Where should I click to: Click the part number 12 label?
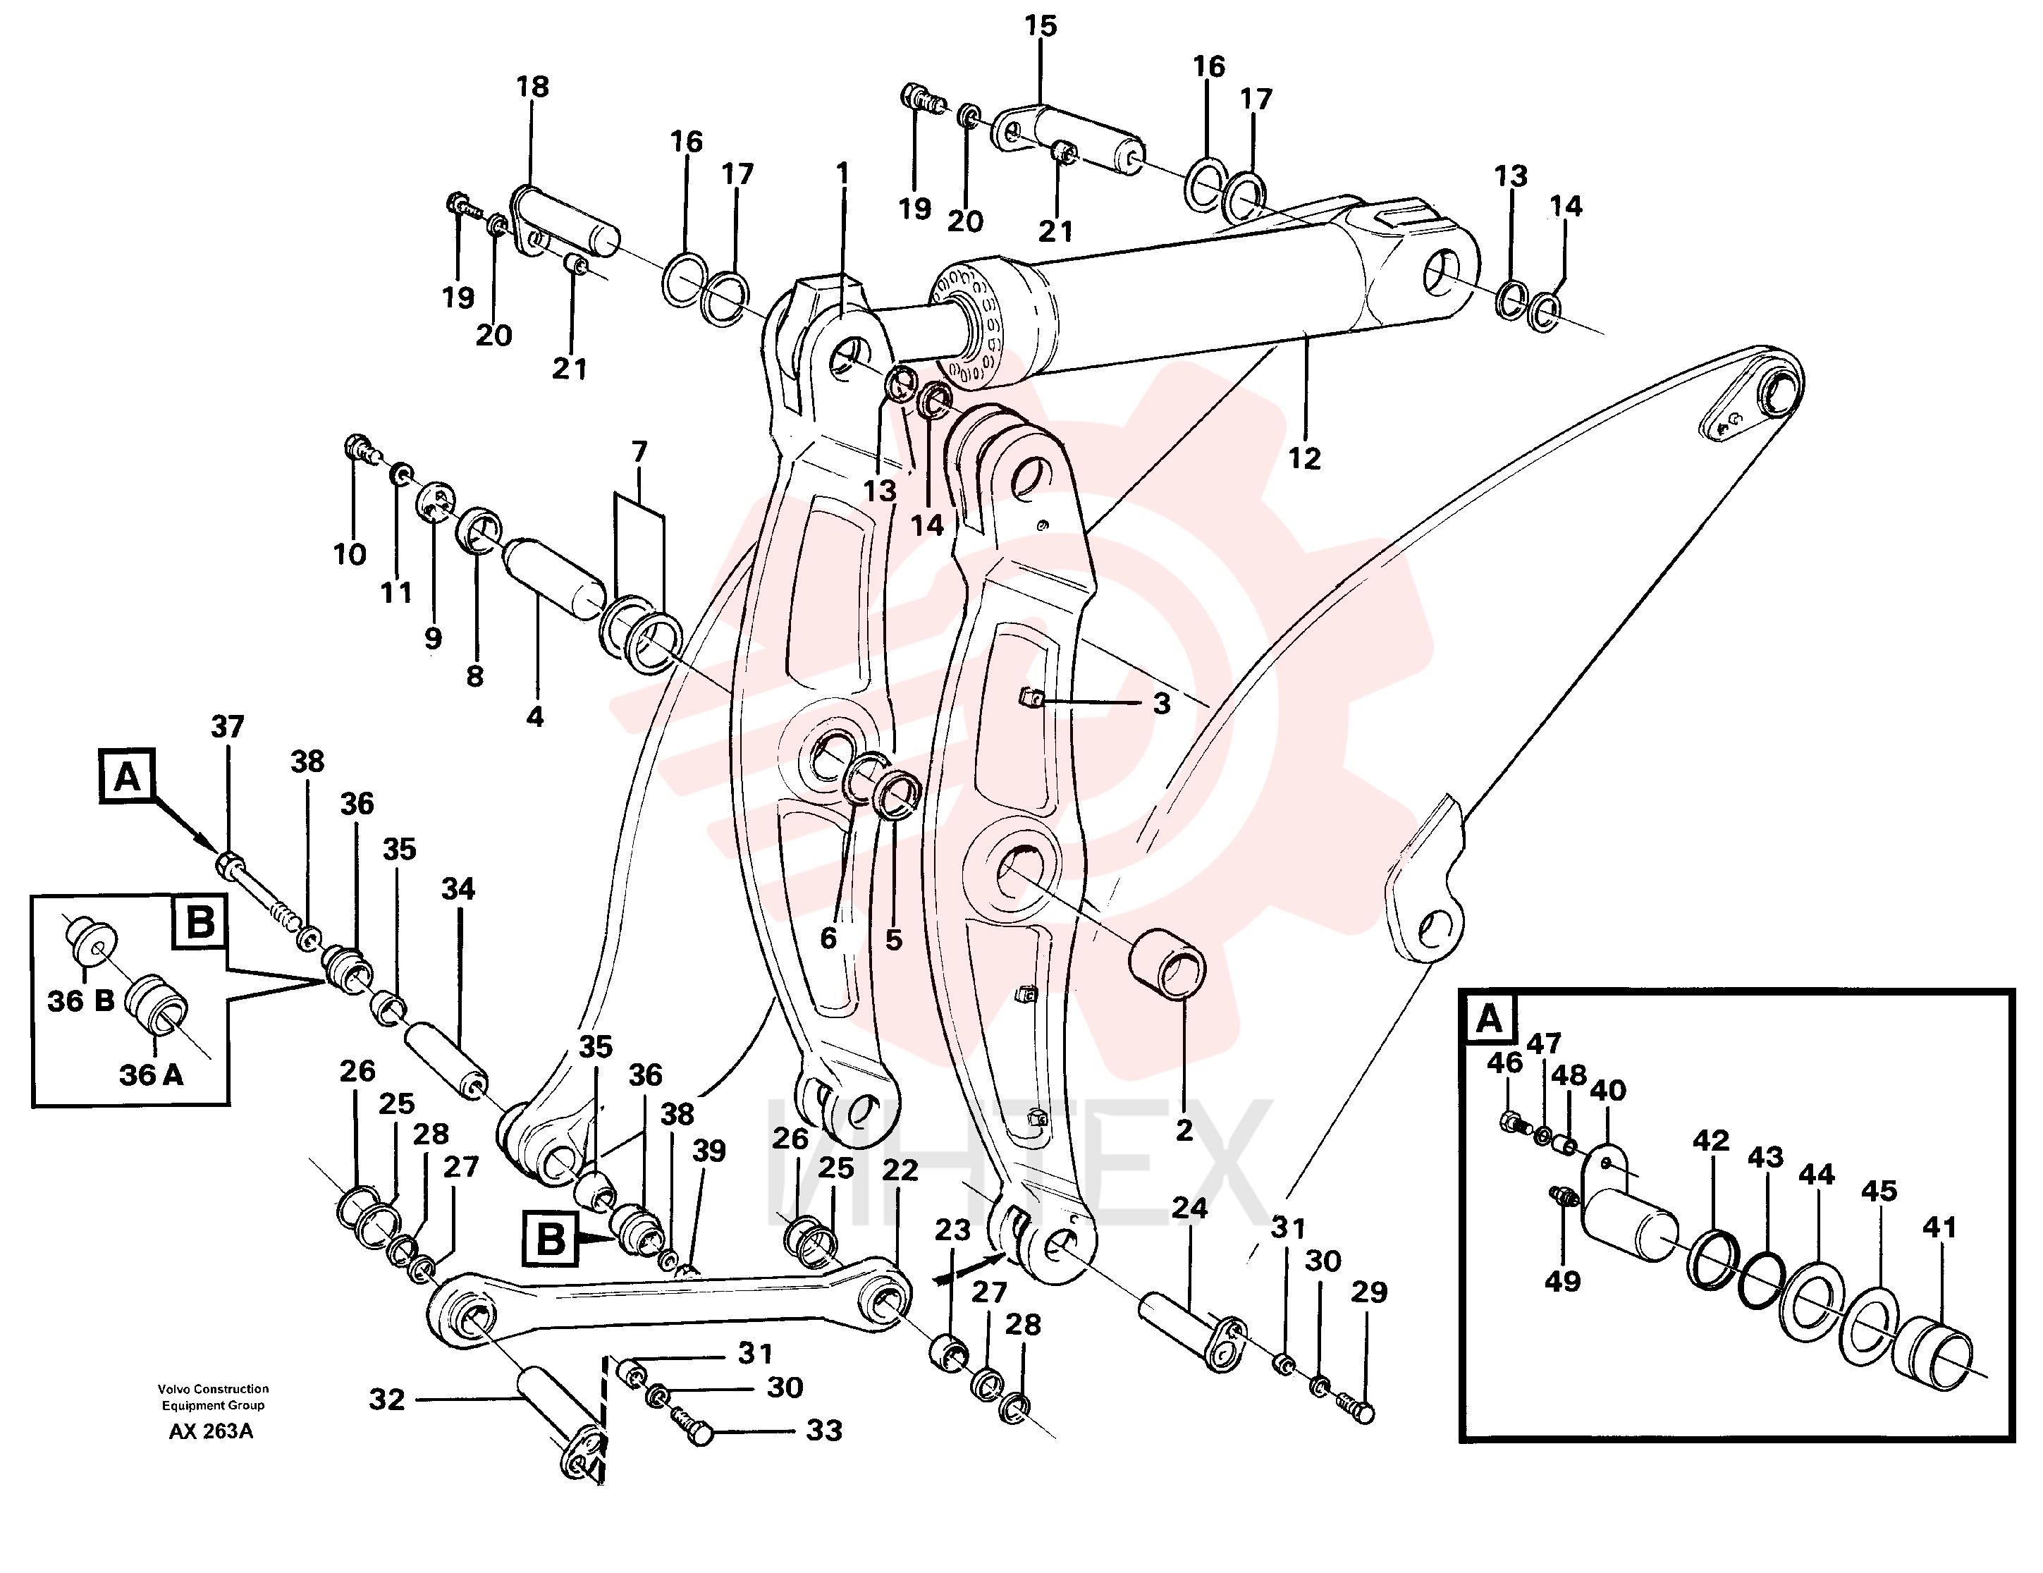[x=1304, y=458]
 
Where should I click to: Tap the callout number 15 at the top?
[x=1041, y=26]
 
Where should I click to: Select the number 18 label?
[x=532, y=87]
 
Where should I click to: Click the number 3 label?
[x=1161, y=704]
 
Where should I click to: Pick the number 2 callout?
[x=1184, y=1130]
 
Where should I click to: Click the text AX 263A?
[x=211, y=1432]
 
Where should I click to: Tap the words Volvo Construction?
[x=214, y=1389]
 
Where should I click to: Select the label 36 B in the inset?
[x=81, y=1001]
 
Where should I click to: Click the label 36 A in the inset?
[x=151, y=1075]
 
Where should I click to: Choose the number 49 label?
[x=1562, y=1281]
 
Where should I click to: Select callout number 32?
[x=386, y=1400]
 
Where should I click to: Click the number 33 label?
[x=824, y=1431]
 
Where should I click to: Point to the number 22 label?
[x=900, y=1170]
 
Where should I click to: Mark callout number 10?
[x=350, y=555]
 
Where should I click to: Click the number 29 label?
[x=1370, y=1292]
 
